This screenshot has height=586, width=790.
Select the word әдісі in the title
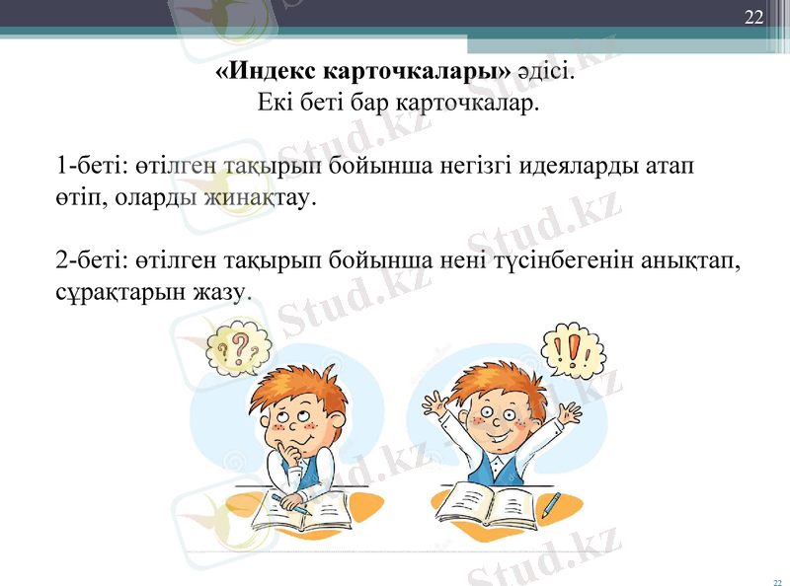pos(545,72)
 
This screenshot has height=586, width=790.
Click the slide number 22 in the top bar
pos(754,17)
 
